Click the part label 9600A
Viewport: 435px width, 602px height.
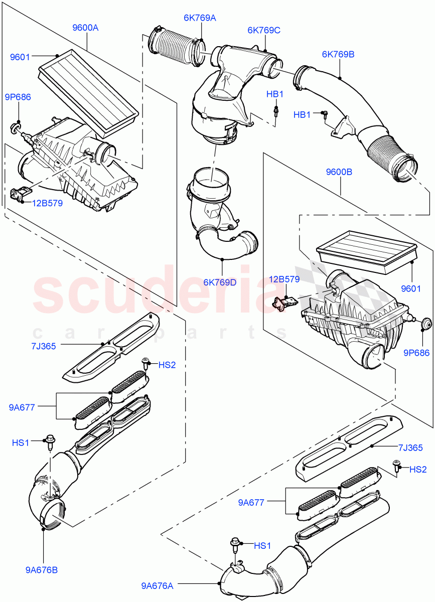coord(85,28)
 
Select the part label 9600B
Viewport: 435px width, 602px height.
coord(339,172)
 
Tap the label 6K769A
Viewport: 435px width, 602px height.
coord(199,18)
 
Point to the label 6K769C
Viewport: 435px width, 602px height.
coord(263,30)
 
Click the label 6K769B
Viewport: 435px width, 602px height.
coord(338,54)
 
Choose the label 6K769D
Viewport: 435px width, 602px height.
coord(220,282)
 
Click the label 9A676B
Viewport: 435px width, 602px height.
coord(41,570)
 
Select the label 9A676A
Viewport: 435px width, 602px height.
coord(158,585)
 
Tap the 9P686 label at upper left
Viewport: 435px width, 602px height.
coord(18,97)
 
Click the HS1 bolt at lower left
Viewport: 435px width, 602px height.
coord(50,441)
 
